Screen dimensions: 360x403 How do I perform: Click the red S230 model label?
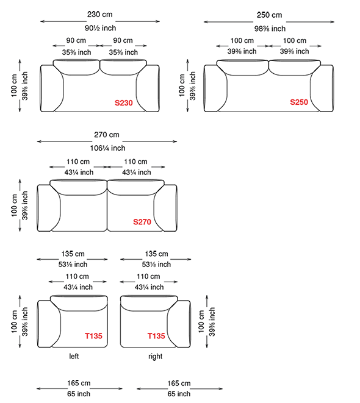123,103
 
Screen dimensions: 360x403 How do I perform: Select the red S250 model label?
299,102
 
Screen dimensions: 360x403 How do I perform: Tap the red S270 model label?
142,222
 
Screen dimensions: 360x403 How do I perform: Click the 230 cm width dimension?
100,15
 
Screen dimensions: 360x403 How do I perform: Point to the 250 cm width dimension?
269,15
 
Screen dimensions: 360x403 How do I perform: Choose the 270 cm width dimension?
107,135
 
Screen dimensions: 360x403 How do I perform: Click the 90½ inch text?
100,28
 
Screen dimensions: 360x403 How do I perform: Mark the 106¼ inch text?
107,148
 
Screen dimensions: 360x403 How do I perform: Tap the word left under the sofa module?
74,356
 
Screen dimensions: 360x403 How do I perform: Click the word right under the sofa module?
156,357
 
